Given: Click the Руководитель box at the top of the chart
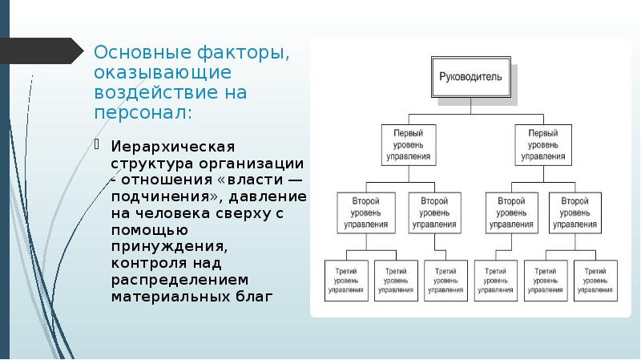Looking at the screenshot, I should (470, 78).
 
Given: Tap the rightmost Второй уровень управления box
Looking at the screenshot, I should (575, 212).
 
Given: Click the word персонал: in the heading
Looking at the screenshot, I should (143, 111).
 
